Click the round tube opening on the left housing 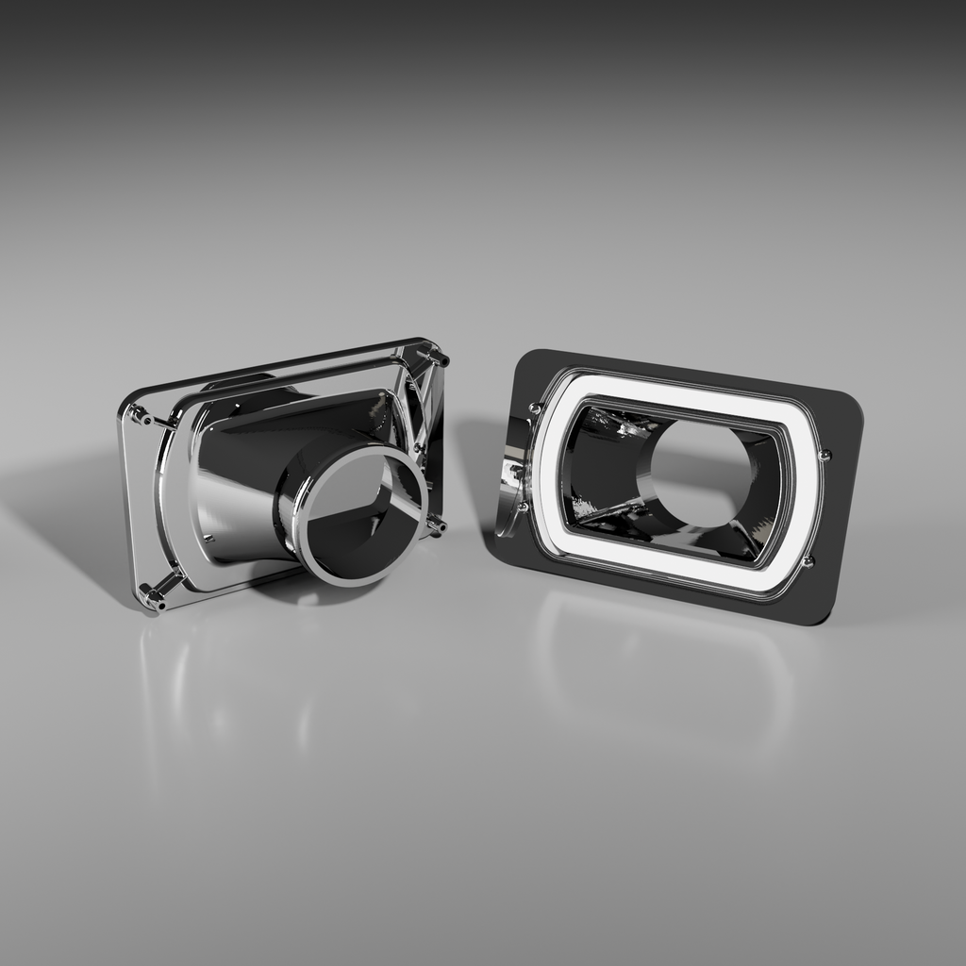[x=359, y=515]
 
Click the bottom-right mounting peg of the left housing [x=435, y=525]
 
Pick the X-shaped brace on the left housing [x=420, y=406]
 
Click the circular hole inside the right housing [x=698, y=472]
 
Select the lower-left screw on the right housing [x=524, y=507]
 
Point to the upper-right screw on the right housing [x=824, y=455]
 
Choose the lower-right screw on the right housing [x=808, y=561]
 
